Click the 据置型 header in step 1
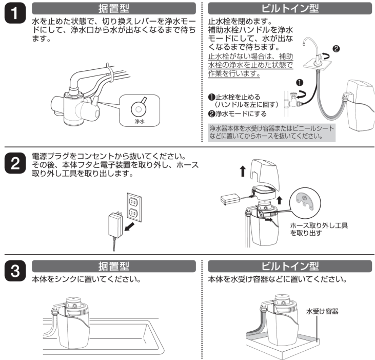tap(113, 8)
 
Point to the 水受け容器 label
tap(323, 311)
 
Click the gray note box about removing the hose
tap(272, 132)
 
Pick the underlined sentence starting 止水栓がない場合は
tap(251, 65)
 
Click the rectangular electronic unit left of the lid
tap(230, 198)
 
